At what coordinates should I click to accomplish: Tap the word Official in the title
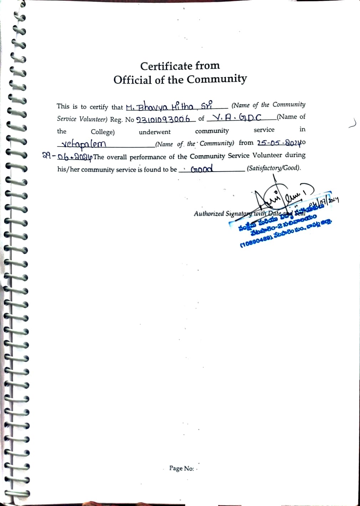(x=133, y=80)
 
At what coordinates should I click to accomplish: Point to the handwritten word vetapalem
(x=84, y=144)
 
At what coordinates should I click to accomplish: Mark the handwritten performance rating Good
(x=202, y=169)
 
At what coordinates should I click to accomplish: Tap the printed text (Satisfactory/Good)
(x=274, y=168)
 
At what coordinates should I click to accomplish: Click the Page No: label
(x=181, y=468)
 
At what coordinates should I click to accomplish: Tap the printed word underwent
(x=155, y=132)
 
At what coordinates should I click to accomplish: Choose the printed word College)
(x=103, y=132)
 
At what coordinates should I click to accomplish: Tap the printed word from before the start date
(x=246, y=143)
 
